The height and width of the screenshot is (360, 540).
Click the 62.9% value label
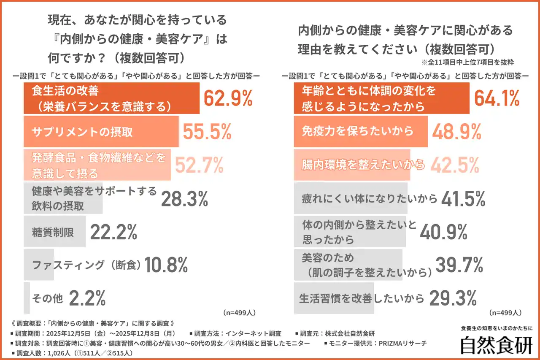tap(228, 98)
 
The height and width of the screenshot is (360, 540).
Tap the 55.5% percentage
tap(207, 132)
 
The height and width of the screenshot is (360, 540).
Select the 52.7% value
tap(199, 165)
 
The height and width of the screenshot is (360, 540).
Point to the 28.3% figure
tap(184, 198)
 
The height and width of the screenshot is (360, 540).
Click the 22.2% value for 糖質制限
tap(113, 232)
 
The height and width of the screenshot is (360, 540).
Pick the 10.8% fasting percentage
tap(166, 265)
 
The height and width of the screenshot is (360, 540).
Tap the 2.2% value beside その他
tap(87, 298)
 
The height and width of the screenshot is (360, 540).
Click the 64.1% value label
tap(497, 98)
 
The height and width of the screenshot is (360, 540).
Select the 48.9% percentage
tap(457, 132)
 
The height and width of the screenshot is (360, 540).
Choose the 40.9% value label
tap(444, 232)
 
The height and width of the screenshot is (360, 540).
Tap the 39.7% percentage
tap(459, 265)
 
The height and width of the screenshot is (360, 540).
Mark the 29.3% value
tap(453, 298)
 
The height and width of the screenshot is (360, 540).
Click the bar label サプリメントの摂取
tap(82, 132)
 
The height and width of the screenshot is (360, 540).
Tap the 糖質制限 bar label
tap(53, 232)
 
